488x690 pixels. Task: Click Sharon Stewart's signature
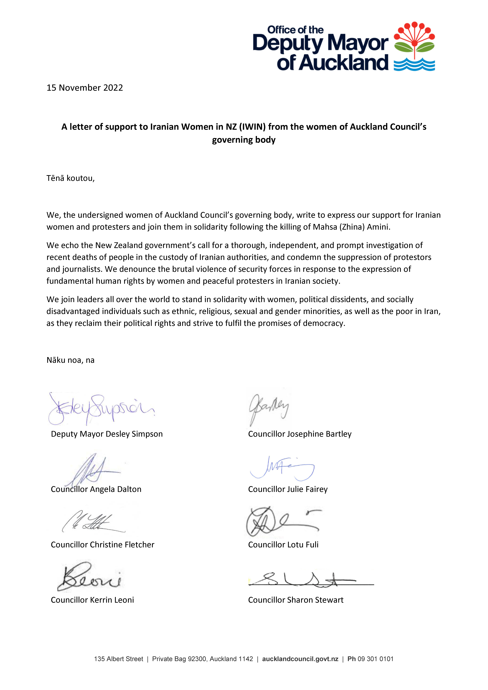tap(310, 580)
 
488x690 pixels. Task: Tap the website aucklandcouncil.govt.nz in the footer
tap(300, 659)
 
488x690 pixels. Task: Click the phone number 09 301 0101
tap(375, 659)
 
